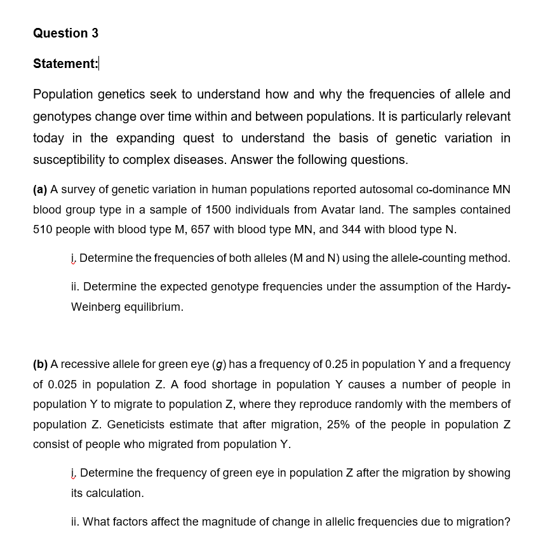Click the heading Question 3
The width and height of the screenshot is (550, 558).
pos(65,33)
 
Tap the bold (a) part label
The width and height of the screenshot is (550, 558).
pos(41,189)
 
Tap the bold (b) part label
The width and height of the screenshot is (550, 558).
pos(41,364)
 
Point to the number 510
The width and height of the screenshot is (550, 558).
pos(43,229)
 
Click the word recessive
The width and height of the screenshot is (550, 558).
pos(84,364)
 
